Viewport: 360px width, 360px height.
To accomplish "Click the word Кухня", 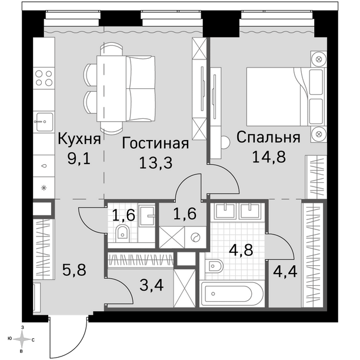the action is (x=79, y=139).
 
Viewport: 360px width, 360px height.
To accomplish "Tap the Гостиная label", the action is (x=155, y=144).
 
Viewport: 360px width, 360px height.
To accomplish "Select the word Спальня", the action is (x=268, y=137).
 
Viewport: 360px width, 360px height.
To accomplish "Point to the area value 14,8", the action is (x=269, y=157).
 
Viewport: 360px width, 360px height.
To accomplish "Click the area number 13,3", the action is (x=156, y=163).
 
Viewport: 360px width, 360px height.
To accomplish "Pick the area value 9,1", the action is (x=79, y=159).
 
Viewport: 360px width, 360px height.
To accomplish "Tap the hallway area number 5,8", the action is (x=74, y=270).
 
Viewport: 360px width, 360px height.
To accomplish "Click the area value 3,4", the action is (x=152, y=286).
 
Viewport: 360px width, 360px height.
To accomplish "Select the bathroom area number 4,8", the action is (x=241, y=250).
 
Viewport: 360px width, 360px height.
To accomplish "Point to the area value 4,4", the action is (x=285, y=271).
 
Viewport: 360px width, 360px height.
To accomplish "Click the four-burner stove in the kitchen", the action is (x=44, y=78).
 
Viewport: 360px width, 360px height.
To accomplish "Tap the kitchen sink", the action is (x=44, y=122).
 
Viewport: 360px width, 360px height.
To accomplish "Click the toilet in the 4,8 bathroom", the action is (x=213, y=266).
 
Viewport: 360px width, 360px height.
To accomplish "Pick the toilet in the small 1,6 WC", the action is (x=122, y=233).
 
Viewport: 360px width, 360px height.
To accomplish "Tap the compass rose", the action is (x=22, y=339).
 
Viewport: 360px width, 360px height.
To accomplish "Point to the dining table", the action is (x=112, y=88).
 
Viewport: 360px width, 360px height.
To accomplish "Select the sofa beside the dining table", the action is (x=141, y=88).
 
